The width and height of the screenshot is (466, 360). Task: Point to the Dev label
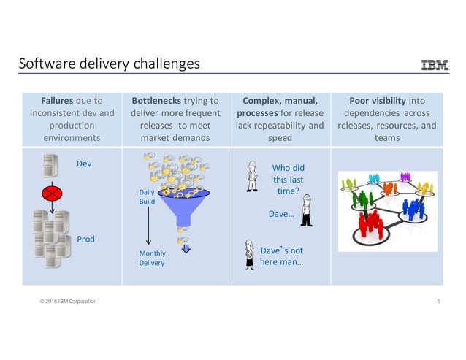click(84, 164)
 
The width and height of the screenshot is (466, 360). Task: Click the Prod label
click(85, 239)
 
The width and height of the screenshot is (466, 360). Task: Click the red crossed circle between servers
click(51, 194)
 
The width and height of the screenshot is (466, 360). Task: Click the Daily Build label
click(147, 196)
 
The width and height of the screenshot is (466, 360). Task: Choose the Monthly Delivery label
click(152, 258)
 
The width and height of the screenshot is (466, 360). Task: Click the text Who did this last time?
click(288, 179)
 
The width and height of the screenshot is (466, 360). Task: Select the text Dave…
click(282, 214)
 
